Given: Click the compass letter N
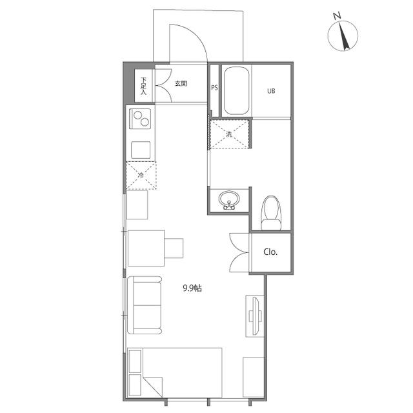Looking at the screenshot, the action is tap(337, 15).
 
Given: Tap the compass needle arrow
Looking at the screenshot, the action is tap(344, 36).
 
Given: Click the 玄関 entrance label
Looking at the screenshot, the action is tap(181, 83).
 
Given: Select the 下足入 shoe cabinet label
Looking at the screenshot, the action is tap(143, 86).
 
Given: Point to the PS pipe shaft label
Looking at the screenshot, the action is tap(214, 88).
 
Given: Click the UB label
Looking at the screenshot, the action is tap(271, 91).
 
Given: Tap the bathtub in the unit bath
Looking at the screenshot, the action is tap(236, 90).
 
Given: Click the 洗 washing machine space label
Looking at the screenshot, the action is tap(229, 134).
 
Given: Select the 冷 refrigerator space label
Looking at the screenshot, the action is tap(141, 175).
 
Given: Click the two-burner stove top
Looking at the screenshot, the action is tap(140, 119).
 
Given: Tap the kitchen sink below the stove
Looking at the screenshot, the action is tap(141, 150).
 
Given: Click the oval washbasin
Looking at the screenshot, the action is tap(229, 199).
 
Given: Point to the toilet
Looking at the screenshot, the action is tap(270, 213).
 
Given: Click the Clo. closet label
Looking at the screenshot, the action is tap(270, 252).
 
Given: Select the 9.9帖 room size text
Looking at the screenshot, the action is tap(192, 288).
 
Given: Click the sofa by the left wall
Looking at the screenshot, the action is tap(145, 305).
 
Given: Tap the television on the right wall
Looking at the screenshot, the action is tap(255, 316).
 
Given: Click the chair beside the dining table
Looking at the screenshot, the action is tap(174, 248).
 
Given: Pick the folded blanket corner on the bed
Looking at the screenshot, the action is tap(153, 387).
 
